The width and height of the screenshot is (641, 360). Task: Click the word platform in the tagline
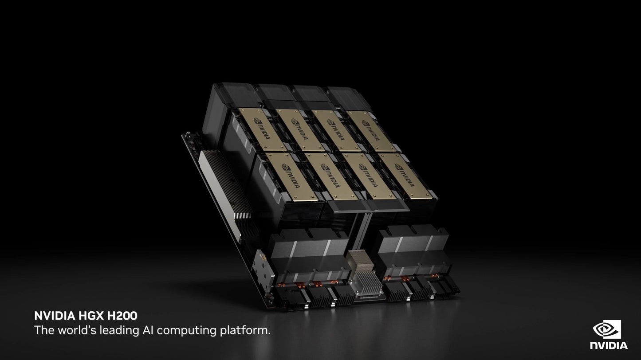coord(245,331)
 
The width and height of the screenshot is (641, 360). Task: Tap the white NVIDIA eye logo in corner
coord(607,329)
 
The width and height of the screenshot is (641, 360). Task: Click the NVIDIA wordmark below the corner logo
coord(609,345)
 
